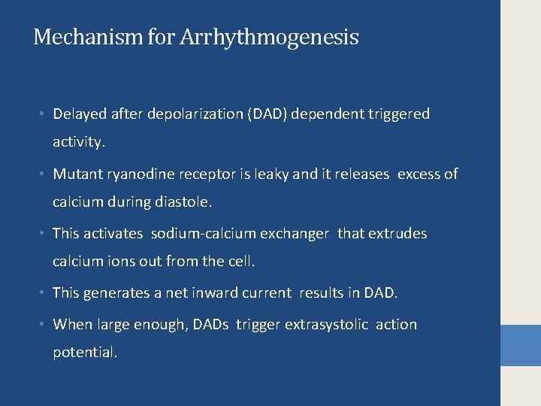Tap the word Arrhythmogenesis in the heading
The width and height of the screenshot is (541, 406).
pos(269,38)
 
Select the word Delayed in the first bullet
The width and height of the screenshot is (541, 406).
pos(80,114)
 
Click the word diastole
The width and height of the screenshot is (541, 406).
pos(183,202)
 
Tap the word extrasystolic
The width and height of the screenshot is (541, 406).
pos(327,325)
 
